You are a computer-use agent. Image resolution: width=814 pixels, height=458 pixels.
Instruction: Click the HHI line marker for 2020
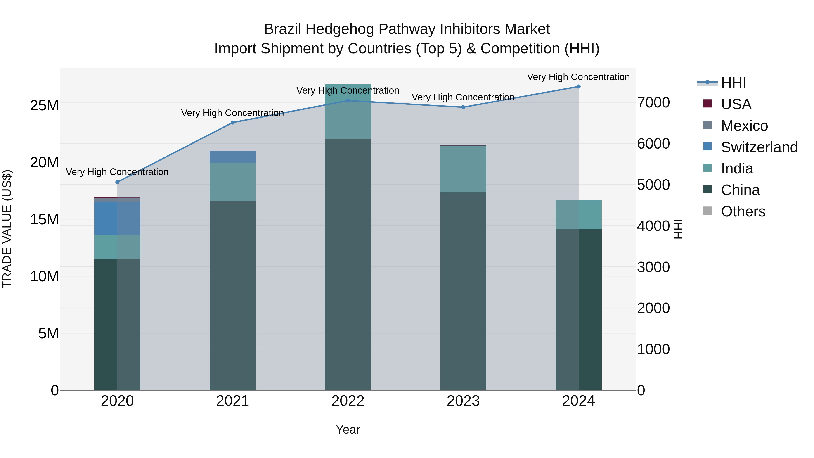[x=117, y=182]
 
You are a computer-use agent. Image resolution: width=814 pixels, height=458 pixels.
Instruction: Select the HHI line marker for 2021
[x=233, y=123]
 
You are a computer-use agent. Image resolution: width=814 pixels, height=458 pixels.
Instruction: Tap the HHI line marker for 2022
[x=348, y=101]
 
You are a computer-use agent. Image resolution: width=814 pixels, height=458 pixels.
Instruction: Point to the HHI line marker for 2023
[x=463, y=107]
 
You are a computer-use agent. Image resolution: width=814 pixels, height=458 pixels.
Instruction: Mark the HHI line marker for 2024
[x=579, y=87]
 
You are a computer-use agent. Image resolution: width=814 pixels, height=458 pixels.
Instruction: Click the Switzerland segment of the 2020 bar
[x=117, y=218]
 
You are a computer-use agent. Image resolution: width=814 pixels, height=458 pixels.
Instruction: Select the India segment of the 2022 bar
[x=348, y=112]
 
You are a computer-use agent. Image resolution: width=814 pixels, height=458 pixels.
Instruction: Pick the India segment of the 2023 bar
[x=463, y=169]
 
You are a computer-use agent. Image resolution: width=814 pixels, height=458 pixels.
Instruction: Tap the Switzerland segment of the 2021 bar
[x=233, y=157]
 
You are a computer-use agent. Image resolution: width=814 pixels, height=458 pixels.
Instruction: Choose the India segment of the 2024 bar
[x=579, y=215]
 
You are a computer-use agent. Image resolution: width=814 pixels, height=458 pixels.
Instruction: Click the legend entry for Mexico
[x=744, y=126]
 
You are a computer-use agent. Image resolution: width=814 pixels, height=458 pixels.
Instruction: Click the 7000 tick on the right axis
[x=653, y=102]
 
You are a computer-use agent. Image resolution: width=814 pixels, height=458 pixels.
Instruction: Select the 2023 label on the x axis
[x=463, y=401]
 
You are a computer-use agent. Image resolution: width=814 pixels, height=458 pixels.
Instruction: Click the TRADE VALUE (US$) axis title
[x=7, y=229]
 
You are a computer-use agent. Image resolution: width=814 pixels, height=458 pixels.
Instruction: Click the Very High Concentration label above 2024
[x=578, y=77]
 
